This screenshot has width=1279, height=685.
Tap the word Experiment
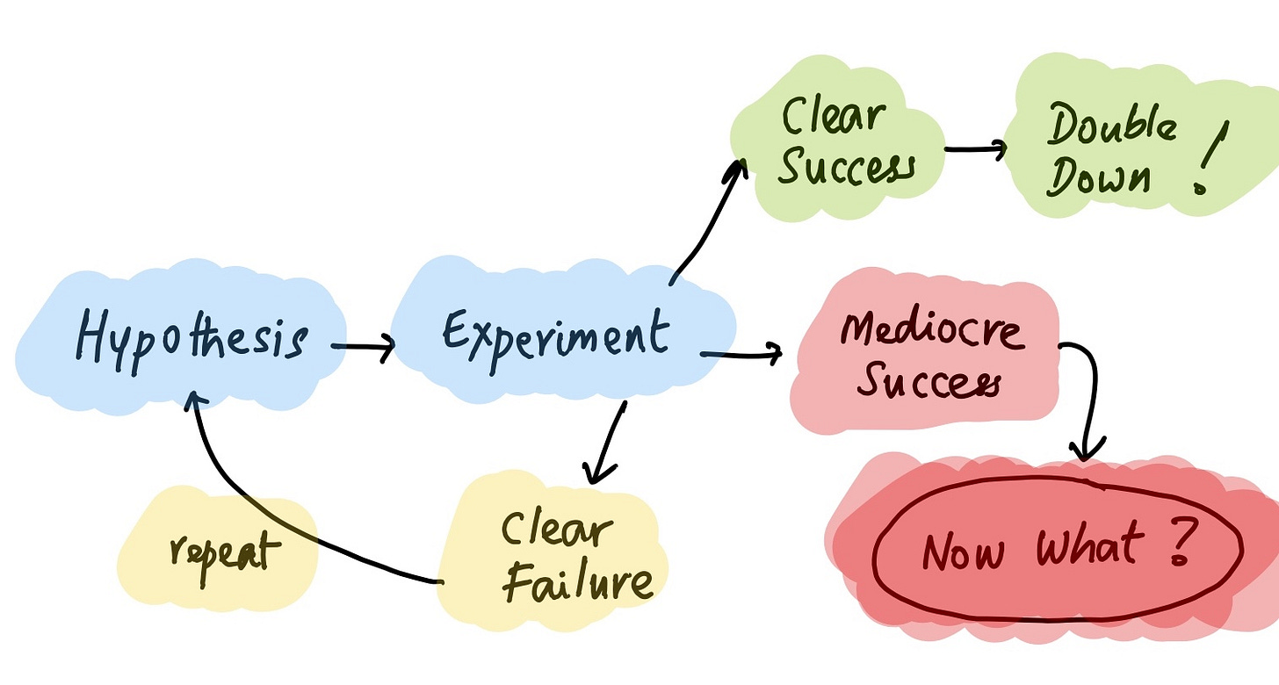(x=554, y=335)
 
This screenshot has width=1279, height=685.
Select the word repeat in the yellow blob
(x=224, y=552)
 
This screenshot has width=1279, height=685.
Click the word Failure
(x=578, y=583)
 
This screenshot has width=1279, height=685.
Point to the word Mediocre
(x=932, y=331)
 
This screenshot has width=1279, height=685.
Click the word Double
(x=1111, y=127)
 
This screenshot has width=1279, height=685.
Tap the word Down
(x=1098, y=178)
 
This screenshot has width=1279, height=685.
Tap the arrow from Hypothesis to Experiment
(x=364, y=349)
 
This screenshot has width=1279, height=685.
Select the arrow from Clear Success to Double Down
(x=975, y=148)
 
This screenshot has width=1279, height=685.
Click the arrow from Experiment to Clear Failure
(x=608, y=443)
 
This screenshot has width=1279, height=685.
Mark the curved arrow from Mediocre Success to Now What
(x=1086, y=395)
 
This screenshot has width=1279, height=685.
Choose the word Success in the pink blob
(x=928, y=381)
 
